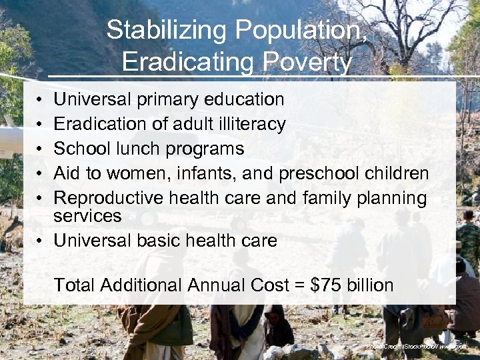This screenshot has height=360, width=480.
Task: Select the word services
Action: pos(87,216)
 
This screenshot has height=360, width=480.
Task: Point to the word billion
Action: pos(370,285)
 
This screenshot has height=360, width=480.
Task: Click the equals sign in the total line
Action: pos(299,286)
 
